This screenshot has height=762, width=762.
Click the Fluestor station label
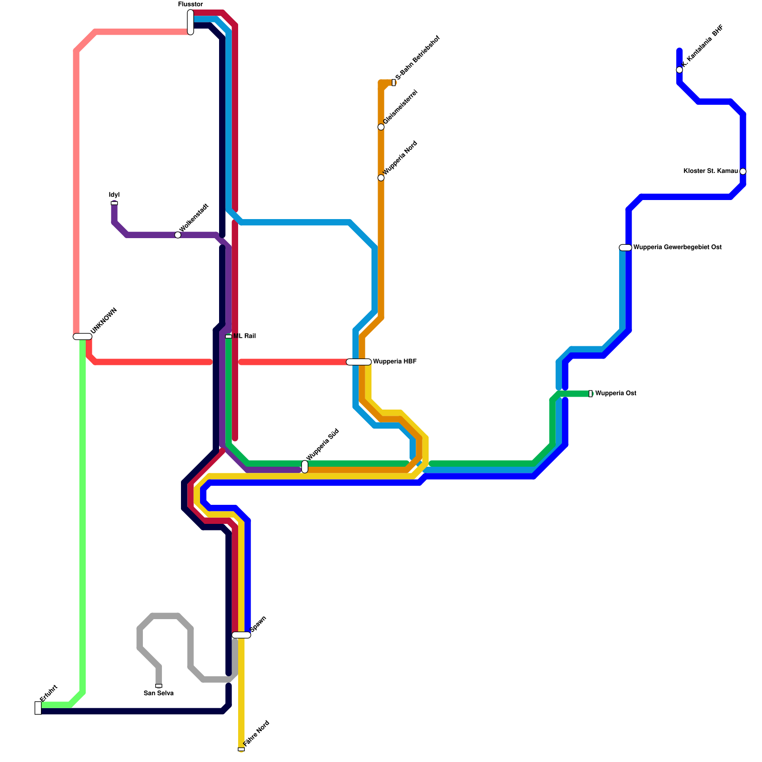[x=190, y=4]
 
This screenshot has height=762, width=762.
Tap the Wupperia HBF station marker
[x=359, y=362]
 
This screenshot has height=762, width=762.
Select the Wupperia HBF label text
[x=395, y=362]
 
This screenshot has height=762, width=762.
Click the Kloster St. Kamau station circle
[x=743, y=171]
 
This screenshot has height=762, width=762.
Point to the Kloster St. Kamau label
[x=711, y=171]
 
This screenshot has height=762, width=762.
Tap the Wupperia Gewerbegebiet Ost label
[x=677, y=248]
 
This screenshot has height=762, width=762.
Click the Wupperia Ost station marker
[x=591, y=393]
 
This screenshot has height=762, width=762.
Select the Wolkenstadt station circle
[x=178, y=235]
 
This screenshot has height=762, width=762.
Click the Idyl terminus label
[x=114, y=195]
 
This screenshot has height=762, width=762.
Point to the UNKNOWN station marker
[x=82, y=337]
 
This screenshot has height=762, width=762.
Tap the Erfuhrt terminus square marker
[x=38, y=708]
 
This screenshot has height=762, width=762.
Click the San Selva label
[x=159, y=693]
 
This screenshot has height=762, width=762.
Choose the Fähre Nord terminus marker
[x=241, y=750]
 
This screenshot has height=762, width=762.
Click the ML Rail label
[x=245, y=336]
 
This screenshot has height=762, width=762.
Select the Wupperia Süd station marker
[x=305, y=467]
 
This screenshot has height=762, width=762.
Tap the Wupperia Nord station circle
[x=381, y=178]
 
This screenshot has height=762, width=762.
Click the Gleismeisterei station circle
[x=381, y=127]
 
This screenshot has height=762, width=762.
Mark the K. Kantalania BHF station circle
[x=680, y=70]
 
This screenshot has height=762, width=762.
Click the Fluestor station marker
[x=190, y=22]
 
